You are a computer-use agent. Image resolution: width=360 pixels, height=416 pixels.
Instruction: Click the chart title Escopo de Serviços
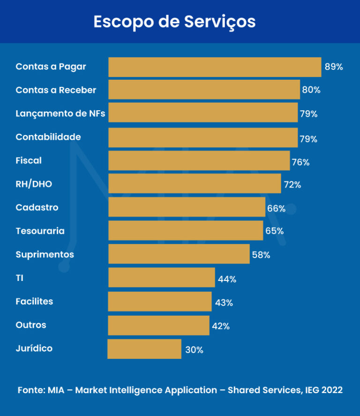click(174, 22)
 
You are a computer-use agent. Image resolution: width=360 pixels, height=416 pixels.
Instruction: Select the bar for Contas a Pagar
click(215, 67)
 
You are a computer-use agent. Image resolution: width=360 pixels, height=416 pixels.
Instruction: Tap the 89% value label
click(334, 67)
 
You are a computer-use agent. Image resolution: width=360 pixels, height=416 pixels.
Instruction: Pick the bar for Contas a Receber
click(204, 90)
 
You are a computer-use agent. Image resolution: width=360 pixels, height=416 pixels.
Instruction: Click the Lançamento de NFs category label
click(60, 113)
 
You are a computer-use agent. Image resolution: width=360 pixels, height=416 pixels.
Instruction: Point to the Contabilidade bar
click(203, 138)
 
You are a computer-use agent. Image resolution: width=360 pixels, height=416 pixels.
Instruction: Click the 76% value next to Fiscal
click(300, 162)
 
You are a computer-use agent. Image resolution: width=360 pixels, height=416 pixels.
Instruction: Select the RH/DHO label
click(34, 184)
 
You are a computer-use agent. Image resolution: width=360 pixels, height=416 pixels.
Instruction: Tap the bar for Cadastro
click(187, 207)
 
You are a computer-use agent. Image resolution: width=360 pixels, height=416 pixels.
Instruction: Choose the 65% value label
click(274, 231)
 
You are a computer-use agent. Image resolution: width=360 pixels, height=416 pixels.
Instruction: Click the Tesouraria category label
click(40, 231)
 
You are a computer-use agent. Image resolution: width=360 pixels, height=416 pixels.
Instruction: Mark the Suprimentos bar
click(179, 254)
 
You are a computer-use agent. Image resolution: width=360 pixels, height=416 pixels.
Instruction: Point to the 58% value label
click(261, 255)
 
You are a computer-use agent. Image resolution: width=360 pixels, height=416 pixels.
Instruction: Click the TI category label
click(19, 278)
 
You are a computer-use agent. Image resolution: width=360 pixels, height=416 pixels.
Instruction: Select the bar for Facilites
click(160, 302)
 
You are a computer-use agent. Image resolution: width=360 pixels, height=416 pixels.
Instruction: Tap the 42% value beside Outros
click(221, 326)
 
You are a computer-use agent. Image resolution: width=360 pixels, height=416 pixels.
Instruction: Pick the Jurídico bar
click(144, 349)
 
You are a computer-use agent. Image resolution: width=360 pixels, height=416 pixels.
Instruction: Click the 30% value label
click(195, 350)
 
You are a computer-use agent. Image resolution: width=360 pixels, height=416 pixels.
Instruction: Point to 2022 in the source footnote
click(332, 390)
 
